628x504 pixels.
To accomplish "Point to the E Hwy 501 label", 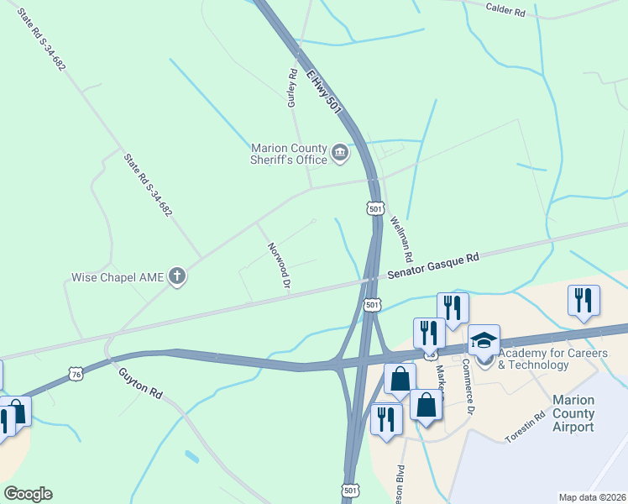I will tap(324, 93).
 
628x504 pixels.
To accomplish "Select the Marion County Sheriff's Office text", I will tap(287, 153).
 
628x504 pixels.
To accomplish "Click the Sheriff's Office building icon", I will tap(340, 152).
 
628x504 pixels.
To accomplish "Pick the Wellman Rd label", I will tap(402, 238).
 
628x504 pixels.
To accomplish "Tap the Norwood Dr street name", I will tap(279, 266).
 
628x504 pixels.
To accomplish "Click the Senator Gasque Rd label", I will tap(432, 266).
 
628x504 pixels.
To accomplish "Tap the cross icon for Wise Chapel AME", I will tap(176, 276).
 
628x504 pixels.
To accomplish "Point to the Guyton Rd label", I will tap(139, 383).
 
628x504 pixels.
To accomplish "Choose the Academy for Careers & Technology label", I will tap(552, 359).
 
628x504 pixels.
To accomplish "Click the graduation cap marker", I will tap(484, 340).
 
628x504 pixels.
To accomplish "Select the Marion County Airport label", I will tap(574, 413).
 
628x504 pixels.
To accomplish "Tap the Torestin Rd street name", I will tap(526, 427).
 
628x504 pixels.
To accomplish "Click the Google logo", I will tap(28, 493).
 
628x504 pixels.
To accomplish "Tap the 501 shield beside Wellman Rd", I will tap(375, 207).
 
